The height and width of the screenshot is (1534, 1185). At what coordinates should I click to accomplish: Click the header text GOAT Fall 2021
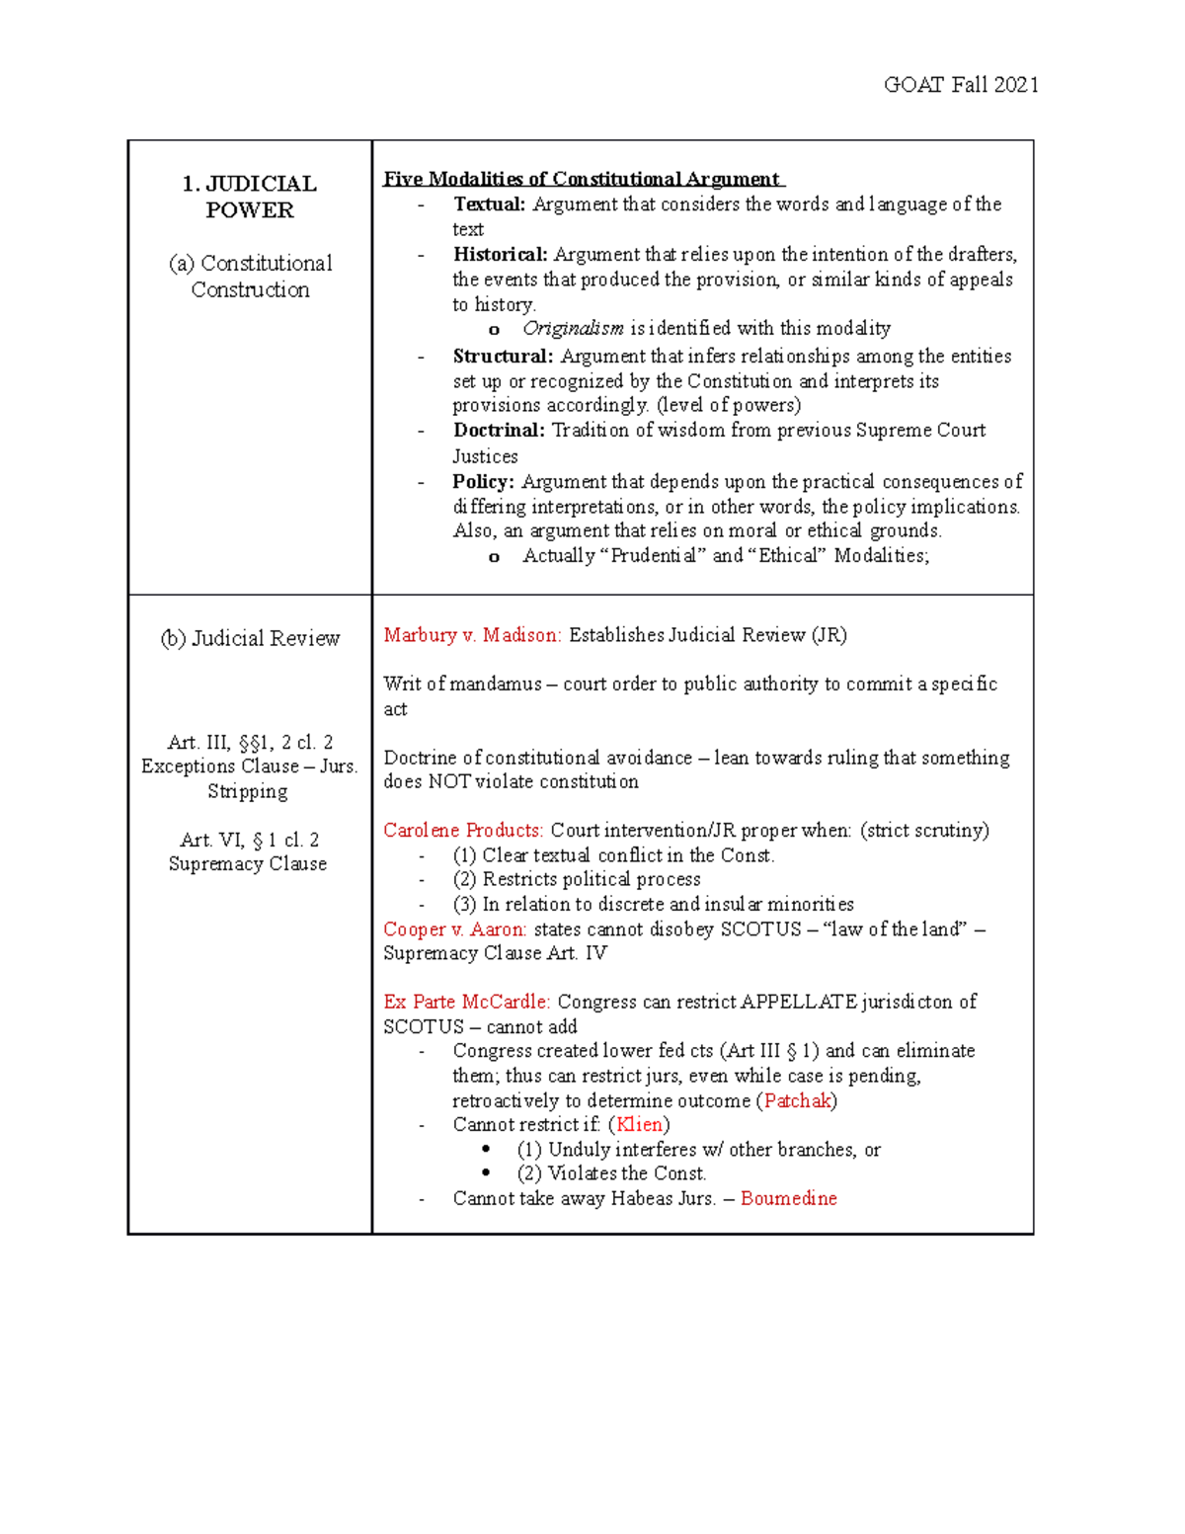[960, 85]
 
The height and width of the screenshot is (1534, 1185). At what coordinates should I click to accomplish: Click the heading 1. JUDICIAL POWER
[250, 197]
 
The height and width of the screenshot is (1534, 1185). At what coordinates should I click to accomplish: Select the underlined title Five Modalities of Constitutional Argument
[583, 179]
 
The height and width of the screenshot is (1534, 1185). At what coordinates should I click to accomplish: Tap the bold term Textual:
[489, 204]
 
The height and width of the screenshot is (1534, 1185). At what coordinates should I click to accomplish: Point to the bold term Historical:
[500, 255]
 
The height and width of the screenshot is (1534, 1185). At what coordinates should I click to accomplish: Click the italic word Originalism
[573, 328]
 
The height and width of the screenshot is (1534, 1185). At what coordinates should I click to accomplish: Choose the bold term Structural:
[503, 357]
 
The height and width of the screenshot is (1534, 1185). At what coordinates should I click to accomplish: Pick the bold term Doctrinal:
[499, 431]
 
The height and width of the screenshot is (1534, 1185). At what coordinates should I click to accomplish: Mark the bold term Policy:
[483, 482]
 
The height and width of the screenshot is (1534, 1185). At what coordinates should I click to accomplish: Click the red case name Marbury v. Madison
[472, 635]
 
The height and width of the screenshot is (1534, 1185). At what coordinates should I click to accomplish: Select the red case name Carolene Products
[463, 830]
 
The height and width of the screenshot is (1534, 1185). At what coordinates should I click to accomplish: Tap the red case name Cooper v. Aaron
[454, 929]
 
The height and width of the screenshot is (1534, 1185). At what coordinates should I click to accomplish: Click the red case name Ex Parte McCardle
[466, 1002]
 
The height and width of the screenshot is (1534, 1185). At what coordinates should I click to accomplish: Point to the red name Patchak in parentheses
[797, 1100]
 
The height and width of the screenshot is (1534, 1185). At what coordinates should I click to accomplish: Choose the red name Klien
[639, 1124]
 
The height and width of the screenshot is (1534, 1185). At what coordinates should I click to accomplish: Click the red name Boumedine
[788, 1198]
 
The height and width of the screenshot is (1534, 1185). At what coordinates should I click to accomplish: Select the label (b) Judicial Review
[250, 639]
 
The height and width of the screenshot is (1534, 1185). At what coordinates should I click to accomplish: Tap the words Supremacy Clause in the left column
[247, 864]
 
